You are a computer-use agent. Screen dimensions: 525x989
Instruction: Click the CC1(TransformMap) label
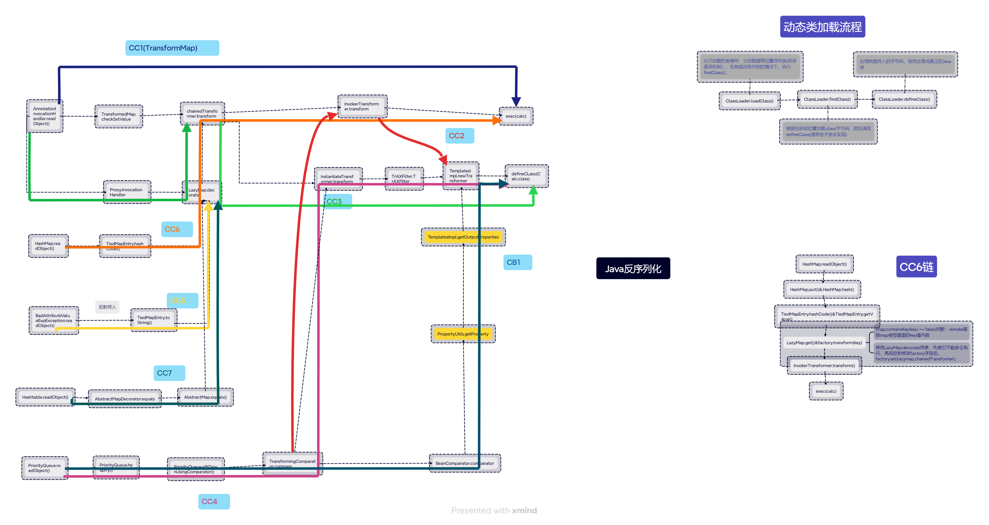(x=172, y=48)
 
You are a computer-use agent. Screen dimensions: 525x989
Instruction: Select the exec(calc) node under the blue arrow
(x=516, y=116)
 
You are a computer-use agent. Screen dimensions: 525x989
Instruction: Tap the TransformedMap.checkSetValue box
(x=119, y=116)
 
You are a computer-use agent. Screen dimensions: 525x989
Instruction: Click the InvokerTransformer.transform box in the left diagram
(x=362, y=106)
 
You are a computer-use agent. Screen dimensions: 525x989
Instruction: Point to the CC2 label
(x=459, y=136)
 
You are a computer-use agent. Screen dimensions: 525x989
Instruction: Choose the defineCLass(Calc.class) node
(x=526, y=176)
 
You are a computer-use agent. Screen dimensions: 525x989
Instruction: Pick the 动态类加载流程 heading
(x=822, y=27)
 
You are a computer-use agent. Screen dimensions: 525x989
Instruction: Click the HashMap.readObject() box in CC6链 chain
(x=824, y=264)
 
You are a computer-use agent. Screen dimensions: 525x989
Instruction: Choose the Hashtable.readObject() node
(x=45, y=397)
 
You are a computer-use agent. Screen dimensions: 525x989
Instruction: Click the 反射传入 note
(x=107, y=307)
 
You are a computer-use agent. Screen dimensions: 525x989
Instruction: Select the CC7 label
(x=169, y=373)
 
